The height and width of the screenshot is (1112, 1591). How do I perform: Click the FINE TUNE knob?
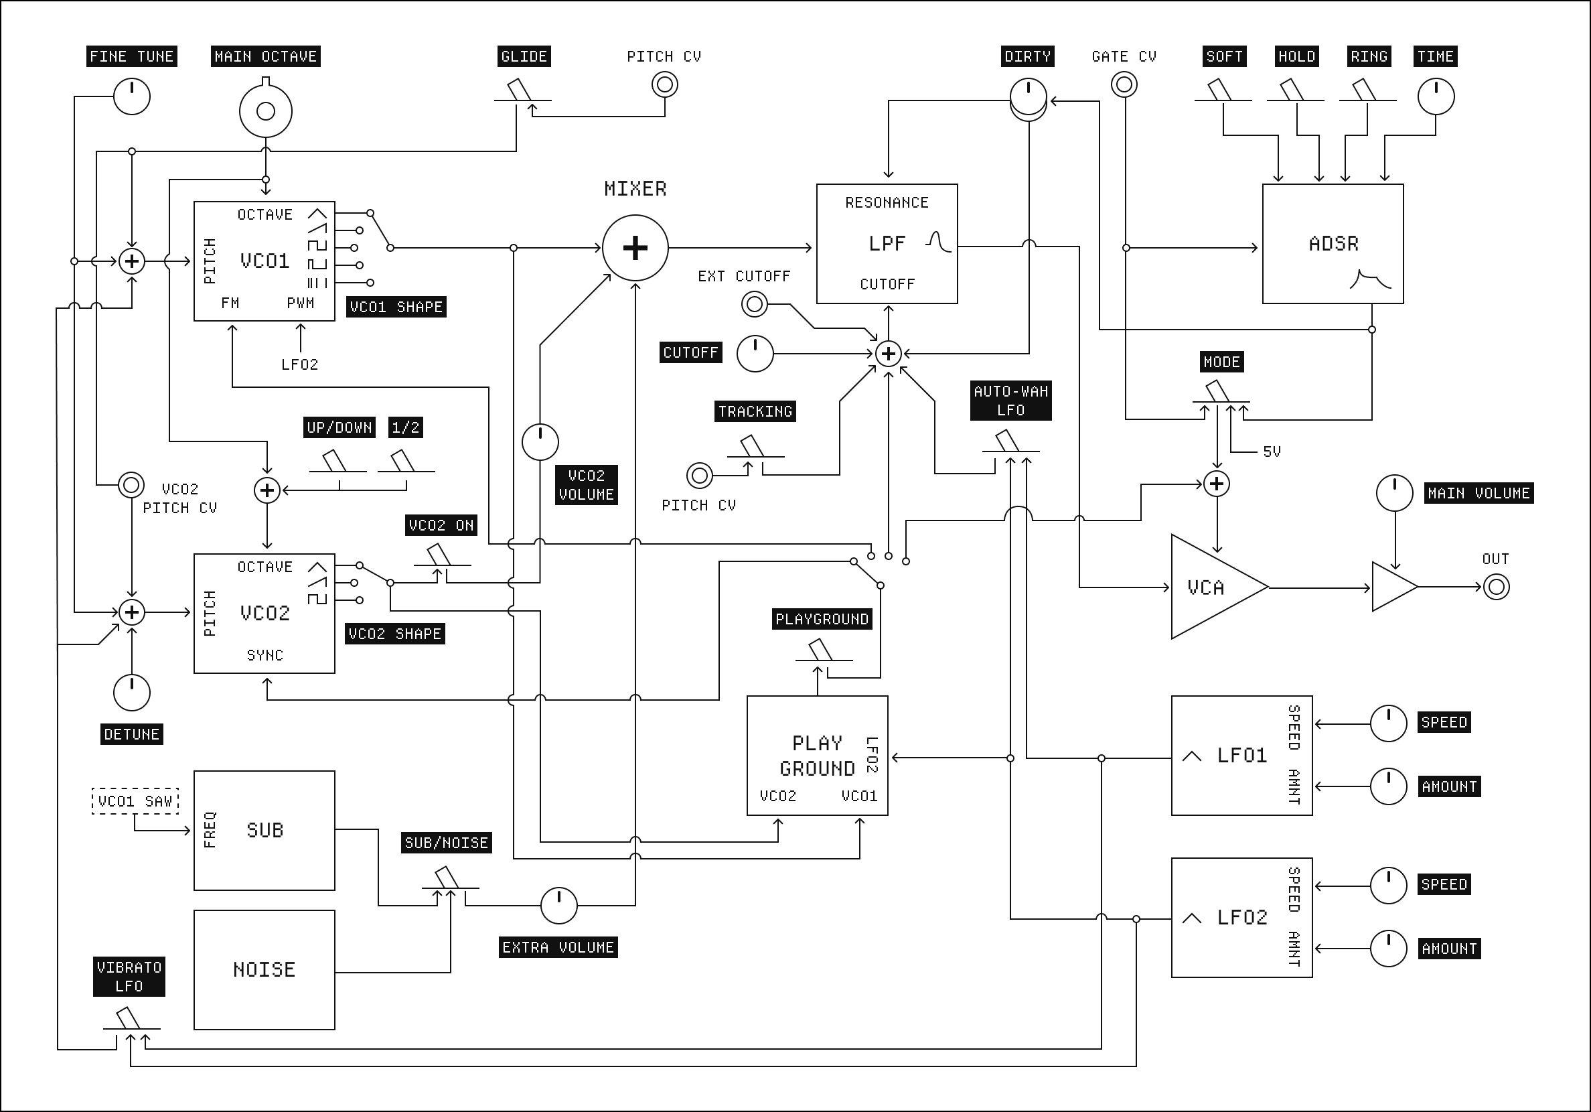[x=132, y=96]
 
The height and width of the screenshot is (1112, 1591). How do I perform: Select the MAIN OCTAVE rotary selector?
[x=265, y=111]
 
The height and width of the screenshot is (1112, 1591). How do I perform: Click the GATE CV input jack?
[x=1124, y=85]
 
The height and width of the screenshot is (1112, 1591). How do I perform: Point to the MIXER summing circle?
[x=635, y=247]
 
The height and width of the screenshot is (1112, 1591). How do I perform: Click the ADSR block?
[x=1333, y=244]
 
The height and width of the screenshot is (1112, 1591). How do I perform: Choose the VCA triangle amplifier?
[x=1213, y=587]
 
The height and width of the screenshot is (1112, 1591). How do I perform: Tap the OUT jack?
[x=1496, y=587]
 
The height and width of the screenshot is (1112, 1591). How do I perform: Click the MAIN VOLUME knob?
[x=1394, y=493]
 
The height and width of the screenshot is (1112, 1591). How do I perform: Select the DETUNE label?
[x=132, y=734]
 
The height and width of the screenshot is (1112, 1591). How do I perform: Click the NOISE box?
[x=264, y=969]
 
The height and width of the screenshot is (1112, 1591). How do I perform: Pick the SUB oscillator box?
[x=264, y=830]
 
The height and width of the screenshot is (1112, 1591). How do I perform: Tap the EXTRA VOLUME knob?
[x=558, y=906]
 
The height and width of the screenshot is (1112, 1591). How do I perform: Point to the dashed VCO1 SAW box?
[x=135, y=801]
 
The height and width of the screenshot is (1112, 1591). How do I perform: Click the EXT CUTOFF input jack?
[x=754, y=303]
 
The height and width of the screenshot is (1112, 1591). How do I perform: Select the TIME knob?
[x=1436, y=96]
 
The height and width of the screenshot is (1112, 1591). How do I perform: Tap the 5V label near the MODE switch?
[x=1272, y=452]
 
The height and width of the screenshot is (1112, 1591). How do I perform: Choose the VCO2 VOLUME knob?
[x=540, y=442]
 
